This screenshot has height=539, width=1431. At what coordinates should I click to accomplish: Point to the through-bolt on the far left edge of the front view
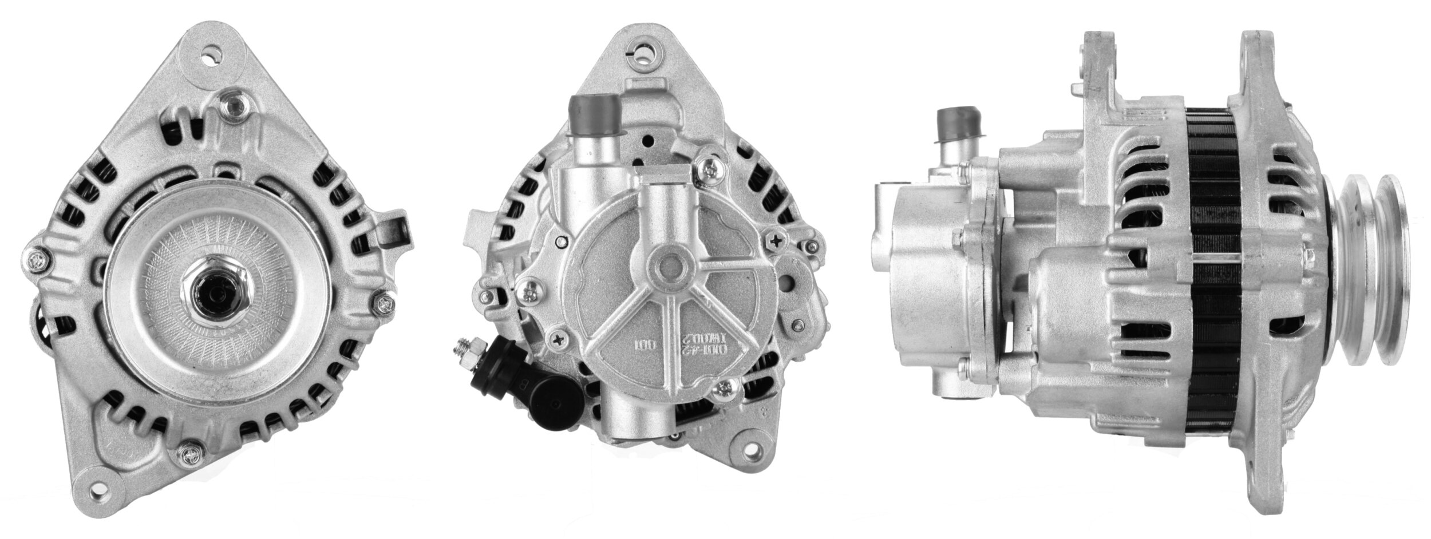[35, 260]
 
